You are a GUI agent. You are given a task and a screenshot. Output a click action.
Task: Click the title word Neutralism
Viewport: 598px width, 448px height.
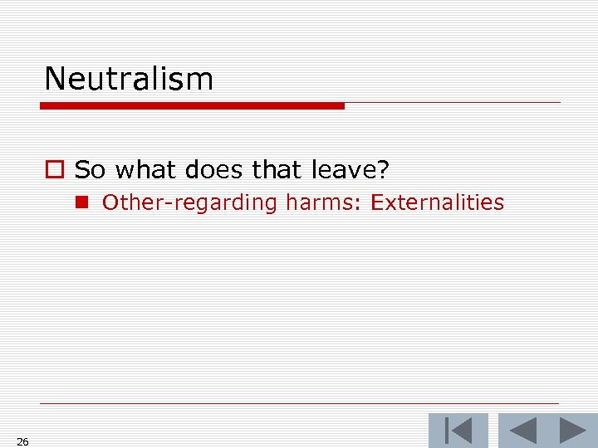pos(129,79)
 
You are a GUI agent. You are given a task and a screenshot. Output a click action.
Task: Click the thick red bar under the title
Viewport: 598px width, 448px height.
pos(193,106)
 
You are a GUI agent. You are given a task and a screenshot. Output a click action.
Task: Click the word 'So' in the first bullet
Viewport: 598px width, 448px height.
pos(90,170)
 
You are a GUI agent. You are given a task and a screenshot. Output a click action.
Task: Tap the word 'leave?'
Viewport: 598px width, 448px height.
pos(350,170)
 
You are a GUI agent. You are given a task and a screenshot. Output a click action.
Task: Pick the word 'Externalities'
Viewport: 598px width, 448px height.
pos(437,202)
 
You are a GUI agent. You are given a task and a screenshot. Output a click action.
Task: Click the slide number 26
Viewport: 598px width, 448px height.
pos(22,442)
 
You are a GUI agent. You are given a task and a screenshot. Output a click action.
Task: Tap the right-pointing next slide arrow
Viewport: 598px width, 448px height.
pos(572,431)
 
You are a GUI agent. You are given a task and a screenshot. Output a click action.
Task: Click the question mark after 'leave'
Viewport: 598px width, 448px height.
pos(383,170)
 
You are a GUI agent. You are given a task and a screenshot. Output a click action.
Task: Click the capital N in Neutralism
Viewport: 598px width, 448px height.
pos(55,79)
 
